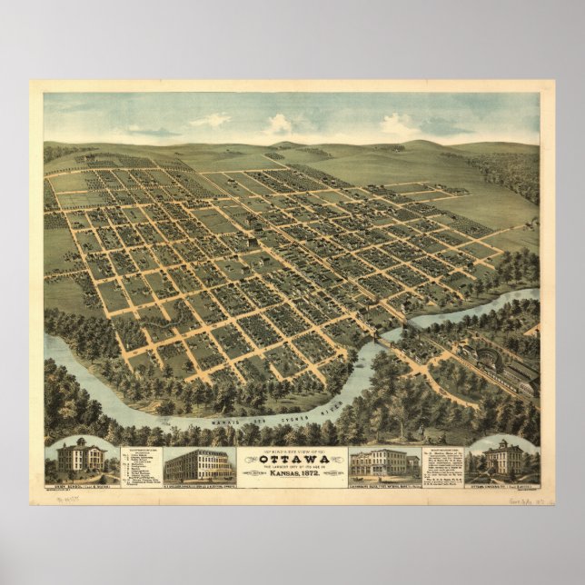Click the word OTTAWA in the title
point(292,458)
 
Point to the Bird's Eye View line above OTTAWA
point(292,450)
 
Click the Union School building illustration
point(81,459)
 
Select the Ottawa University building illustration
point(503,459)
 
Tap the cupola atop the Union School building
point(81,442)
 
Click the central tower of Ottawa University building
point(504,444)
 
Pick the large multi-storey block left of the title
point(199,464)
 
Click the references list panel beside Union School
point(138,463)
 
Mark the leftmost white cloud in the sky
point(210,120)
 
